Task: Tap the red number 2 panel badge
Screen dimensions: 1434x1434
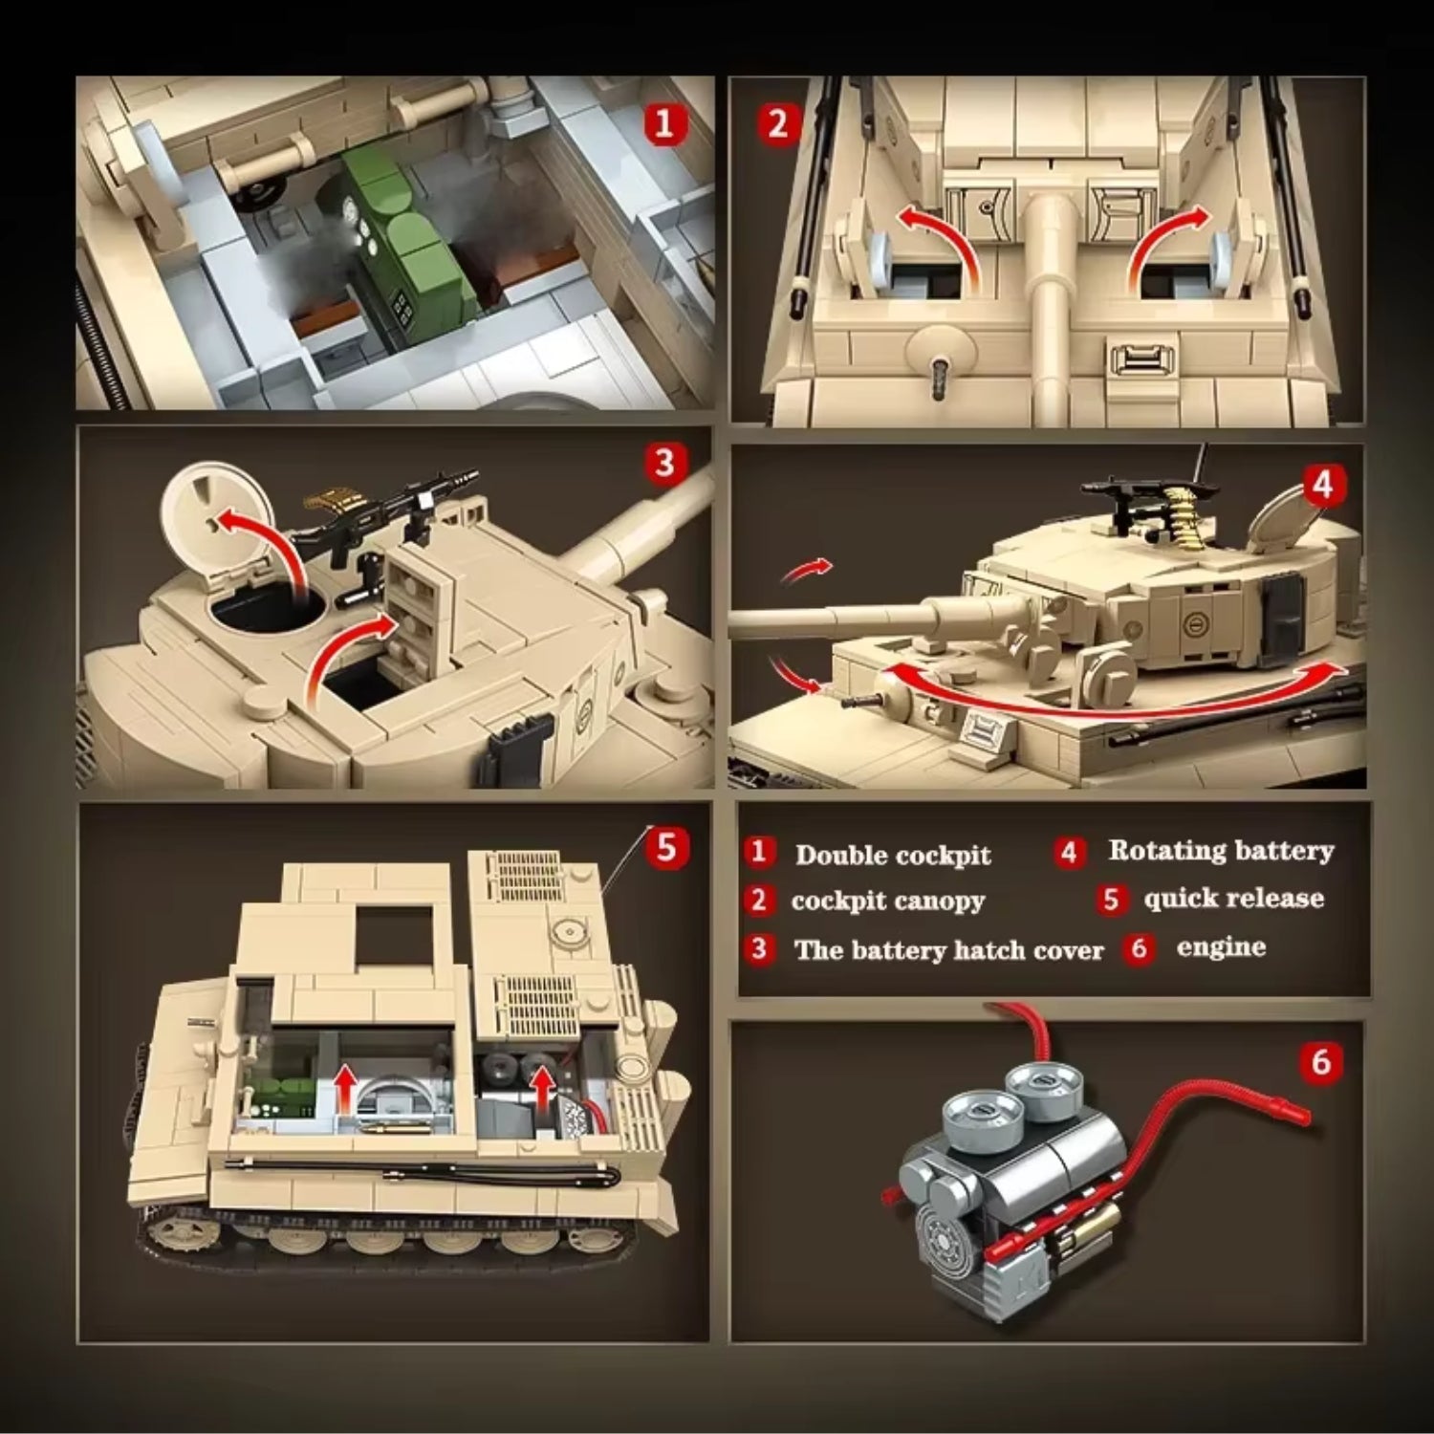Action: tap(778, 124)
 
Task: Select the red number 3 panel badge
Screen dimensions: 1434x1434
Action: tap(664, 464)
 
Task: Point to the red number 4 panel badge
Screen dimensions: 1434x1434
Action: tap(1323, 485)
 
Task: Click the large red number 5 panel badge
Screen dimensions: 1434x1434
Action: tap(666, 847)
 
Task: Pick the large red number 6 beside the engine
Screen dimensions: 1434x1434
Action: tap(1321, 1061)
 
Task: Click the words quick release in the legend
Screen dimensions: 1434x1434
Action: tap(1233, 899)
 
